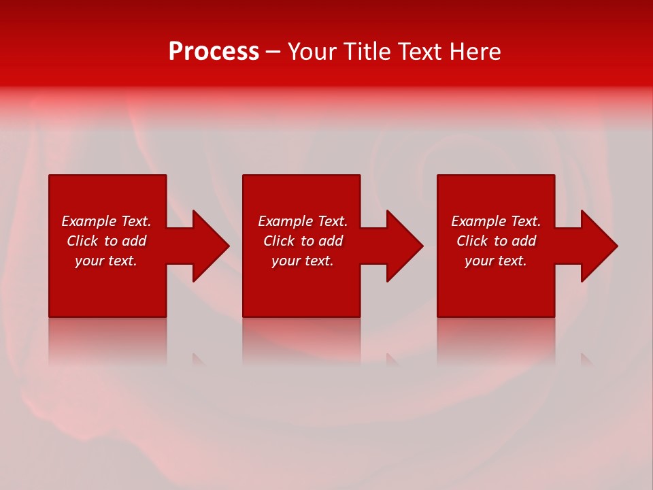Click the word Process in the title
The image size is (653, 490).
pyautogui.click(x=214, y=52)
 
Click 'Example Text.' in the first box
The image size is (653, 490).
pyautogui.click(x=106, y=221)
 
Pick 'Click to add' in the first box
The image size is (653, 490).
pyautogui.click(x=106, y=241)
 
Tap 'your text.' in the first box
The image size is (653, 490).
pyautogui.click(x=106, y=261)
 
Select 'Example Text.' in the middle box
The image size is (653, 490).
pyautogui.click(x=303, y=221)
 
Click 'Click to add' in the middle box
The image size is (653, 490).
pyautogui.click(x=303, y=241)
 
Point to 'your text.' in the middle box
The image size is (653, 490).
pyautogui.click(x=303, y=261)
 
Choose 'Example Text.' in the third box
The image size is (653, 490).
pyautogui.click(x=496, y=221)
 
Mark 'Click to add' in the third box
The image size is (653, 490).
pyautogui.click(x=496, y=241)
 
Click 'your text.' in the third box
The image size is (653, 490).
pyautogui.click(x=496, y=261)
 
